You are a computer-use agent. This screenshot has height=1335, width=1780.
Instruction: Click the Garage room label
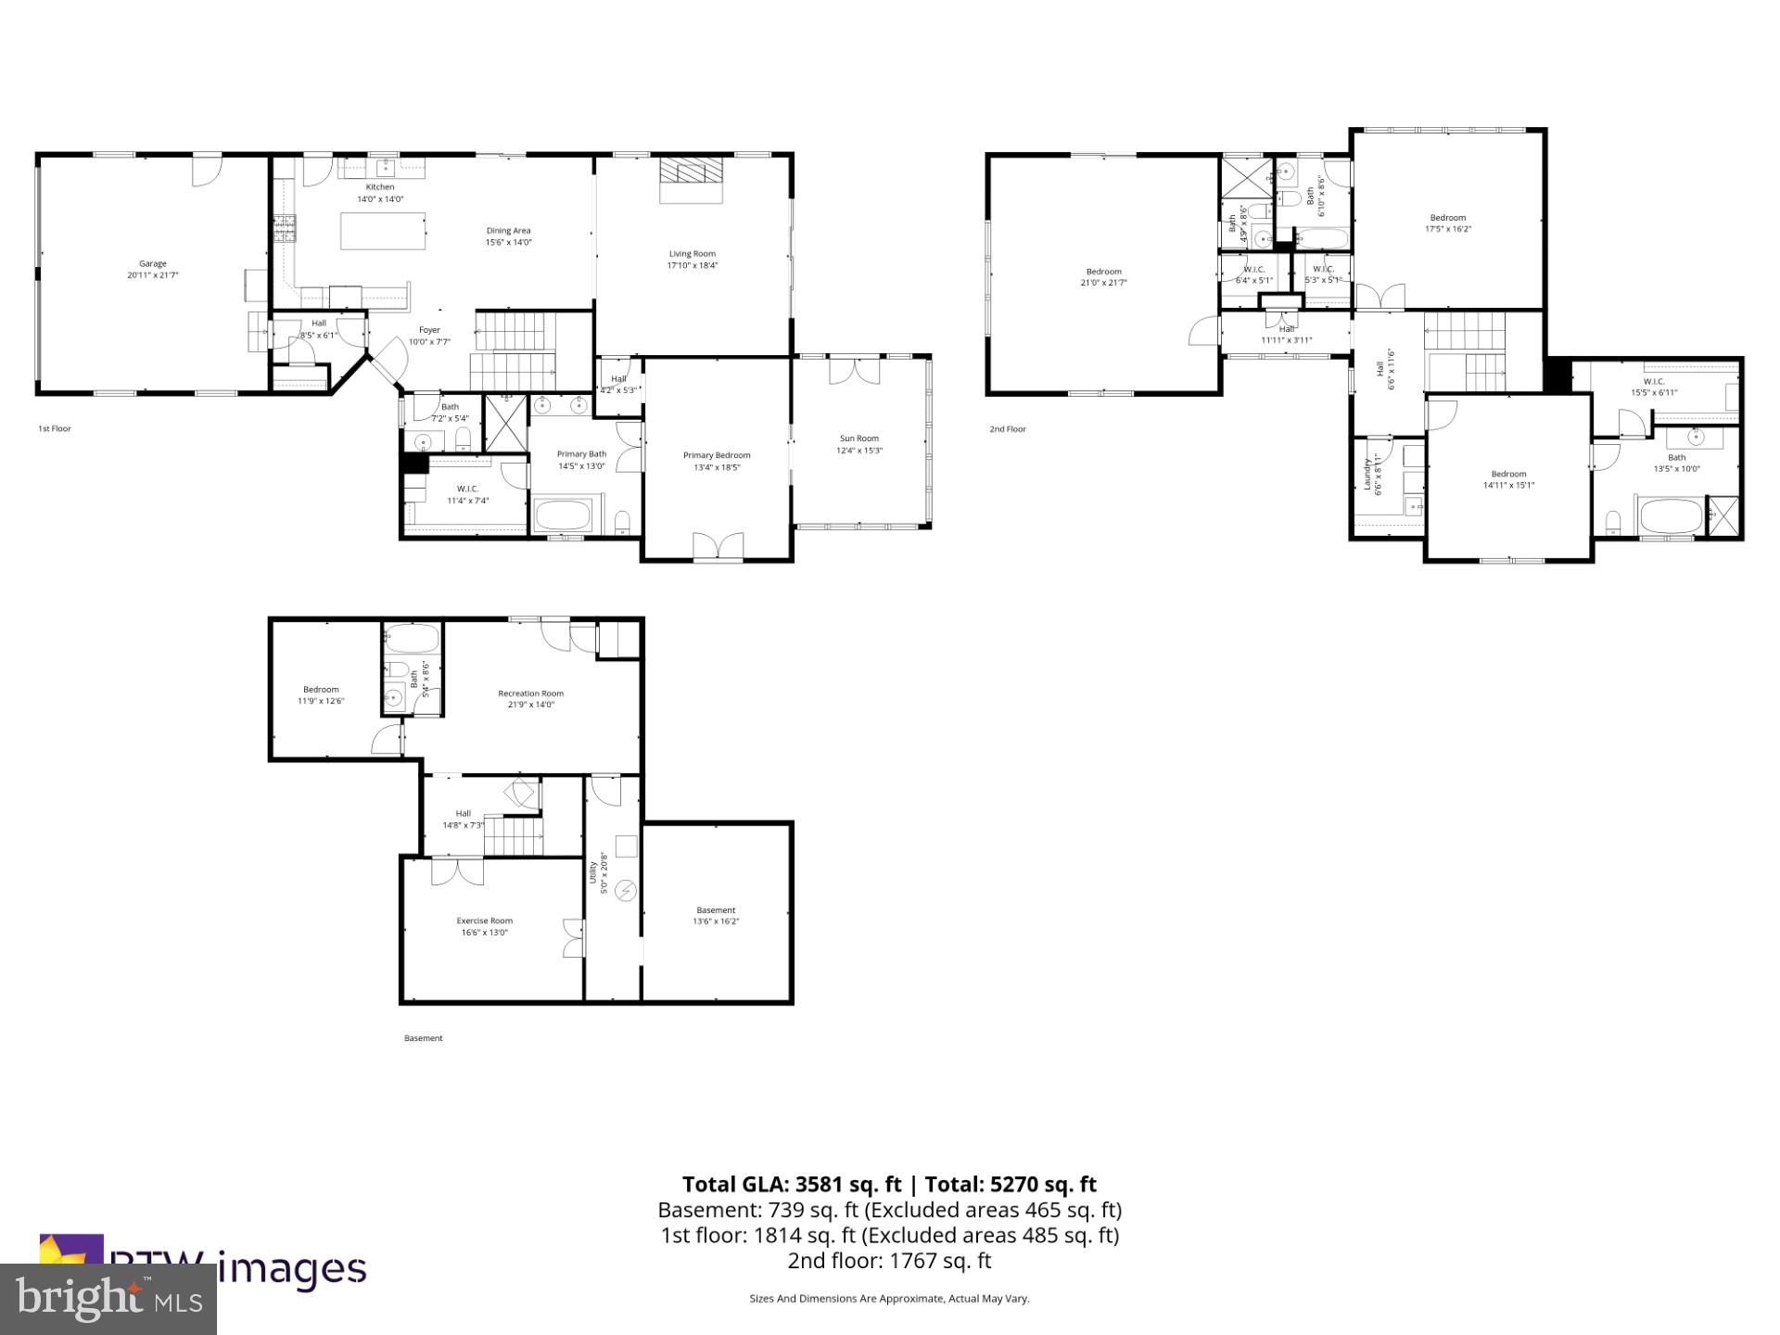(x=153, y=264)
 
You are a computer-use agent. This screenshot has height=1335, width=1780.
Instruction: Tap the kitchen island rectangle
(x=383, y=231)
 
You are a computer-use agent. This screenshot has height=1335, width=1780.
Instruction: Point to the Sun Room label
(x=859, y=439)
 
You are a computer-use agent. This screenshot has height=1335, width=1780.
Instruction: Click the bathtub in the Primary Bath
(x=564, y=515)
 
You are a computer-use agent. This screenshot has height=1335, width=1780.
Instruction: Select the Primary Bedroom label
(x=717, y=455)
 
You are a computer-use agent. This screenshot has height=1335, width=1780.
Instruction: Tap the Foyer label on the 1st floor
(x=429, y=330)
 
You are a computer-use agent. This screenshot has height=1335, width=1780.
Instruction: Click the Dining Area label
(x=508, y=231)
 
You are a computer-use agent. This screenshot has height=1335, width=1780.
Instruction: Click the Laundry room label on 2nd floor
(x=1367, y=474)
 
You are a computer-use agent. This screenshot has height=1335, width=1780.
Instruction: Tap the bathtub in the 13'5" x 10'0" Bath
(x=1670, y=516)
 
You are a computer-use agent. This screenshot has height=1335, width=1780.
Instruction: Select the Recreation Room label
(x=530, y=693)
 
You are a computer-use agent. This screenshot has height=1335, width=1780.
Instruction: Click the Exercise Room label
(x=484, y=921)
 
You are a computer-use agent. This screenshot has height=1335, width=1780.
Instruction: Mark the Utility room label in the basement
(x=593, y=872)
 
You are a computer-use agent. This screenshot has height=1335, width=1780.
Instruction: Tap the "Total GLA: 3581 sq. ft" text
(x=792, y=1184)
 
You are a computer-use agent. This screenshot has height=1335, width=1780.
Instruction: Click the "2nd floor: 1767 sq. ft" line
(x=889, y=1261)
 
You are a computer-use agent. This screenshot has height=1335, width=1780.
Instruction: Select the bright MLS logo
(x=108, y=1299)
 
